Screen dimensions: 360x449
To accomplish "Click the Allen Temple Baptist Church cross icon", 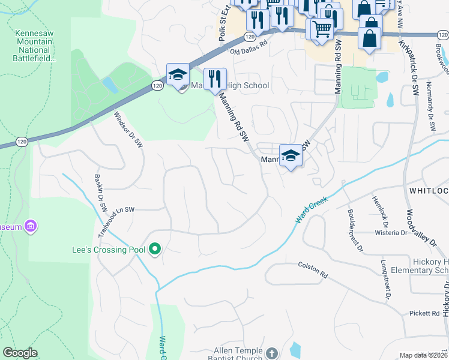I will (271, 353).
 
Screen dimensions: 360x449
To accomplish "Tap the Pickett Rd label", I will (427, 313).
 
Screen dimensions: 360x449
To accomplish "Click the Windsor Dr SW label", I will (128, 130).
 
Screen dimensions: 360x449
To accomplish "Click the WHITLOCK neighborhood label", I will (429, 190).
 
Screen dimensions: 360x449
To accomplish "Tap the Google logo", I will (20, 352).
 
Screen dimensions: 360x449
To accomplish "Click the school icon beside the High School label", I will (178, 76).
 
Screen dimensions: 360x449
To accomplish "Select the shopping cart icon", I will (322, 28).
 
